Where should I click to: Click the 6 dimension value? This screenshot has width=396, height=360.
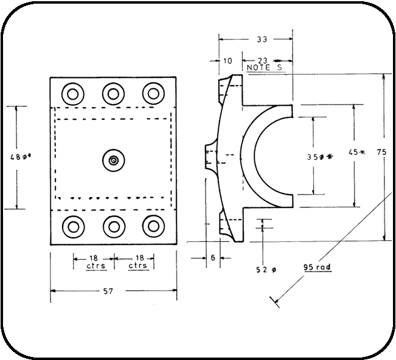(x=213, y=257)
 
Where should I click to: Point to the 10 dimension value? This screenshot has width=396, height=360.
(x=228, y=61)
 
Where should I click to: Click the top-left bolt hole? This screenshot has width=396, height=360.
(x=74, y=94)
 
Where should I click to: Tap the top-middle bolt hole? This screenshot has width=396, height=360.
(x=113, y=94)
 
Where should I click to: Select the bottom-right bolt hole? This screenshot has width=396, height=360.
(x=153, y=226)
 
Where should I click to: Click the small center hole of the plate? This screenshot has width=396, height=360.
(x=113, y=160)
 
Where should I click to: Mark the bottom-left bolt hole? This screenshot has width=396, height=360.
(x=74, y=226)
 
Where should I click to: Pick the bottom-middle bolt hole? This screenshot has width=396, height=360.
(x=113, y=226)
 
